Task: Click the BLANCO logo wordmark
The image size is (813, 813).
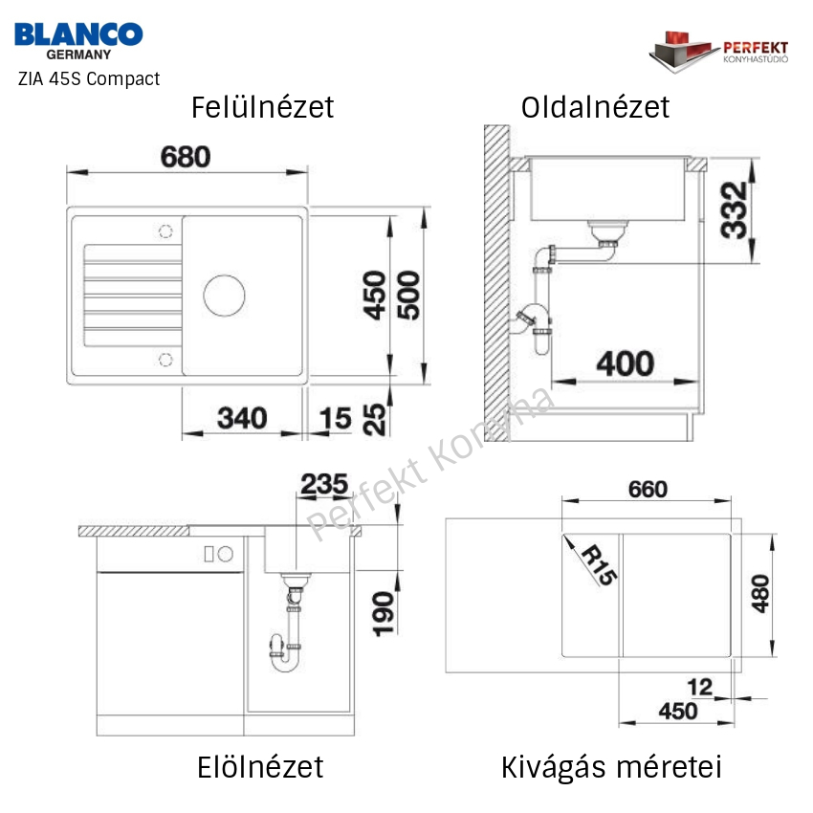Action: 78,34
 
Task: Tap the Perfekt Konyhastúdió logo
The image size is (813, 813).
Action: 718,52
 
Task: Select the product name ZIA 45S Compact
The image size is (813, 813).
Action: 89,78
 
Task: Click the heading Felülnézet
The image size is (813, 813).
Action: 262,107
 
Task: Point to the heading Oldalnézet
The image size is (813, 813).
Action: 595,107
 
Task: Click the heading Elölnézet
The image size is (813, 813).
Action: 260,767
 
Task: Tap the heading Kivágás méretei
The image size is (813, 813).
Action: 611,767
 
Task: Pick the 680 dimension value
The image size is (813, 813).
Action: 186,157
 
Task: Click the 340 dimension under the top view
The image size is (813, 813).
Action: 242,418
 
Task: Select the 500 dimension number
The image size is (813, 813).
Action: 408,295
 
